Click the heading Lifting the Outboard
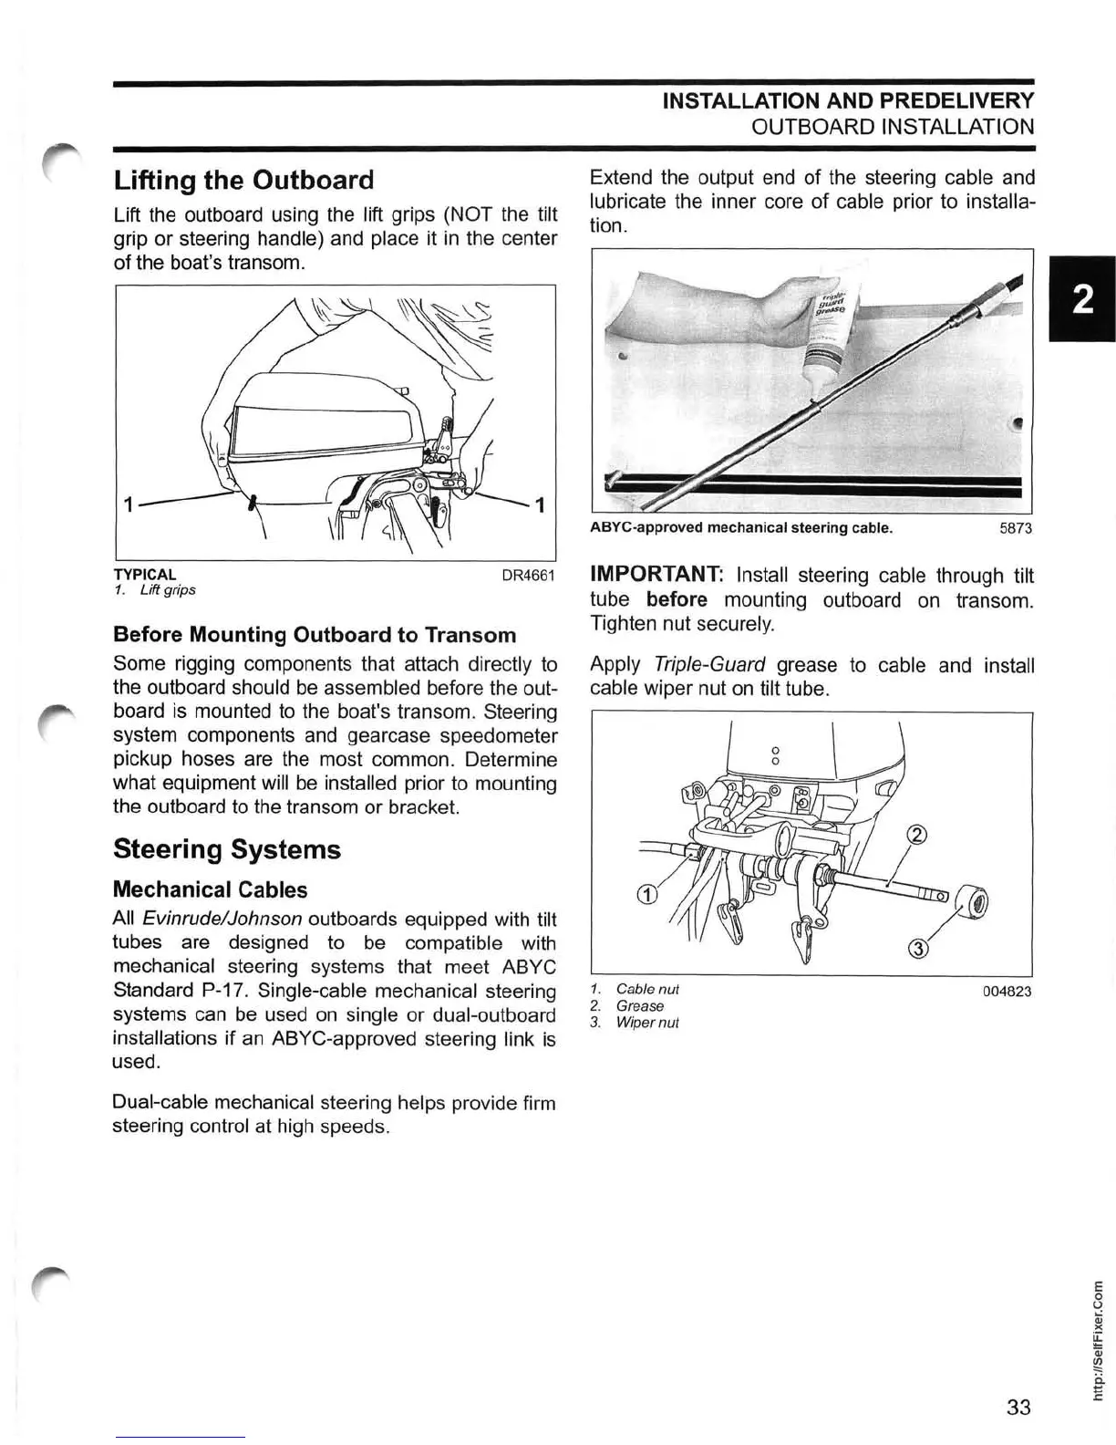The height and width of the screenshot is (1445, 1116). [x=243, y=180]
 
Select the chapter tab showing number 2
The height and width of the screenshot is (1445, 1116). [x=1082, y=298]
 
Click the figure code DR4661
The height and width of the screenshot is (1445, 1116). [x=529, y=576]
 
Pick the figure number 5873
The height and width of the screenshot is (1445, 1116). [x=1016, y=528]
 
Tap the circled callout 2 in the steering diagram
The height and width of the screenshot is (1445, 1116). [x=918, y=834]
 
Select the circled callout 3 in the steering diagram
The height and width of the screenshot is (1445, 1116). [x=919, y=950]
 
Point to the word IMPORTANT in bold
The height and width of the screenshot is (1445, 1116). [x=656, y=575]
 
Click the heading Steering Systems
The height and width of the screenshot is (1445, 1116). [x=227, y=849]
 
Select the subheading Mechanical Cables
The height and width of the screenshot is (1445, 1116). [x=210, y=889]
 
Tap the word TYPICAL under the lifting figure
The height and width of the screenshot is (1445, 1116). [x=145, y=575]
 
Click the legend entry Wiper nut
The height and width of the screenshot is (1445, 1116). [x=646, y=1023]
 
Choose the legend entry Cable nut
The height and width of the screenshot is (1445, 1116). [x=646, y=990]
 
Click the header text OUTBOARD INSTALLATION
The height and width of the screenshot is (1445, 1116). [x=893, y=127]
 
